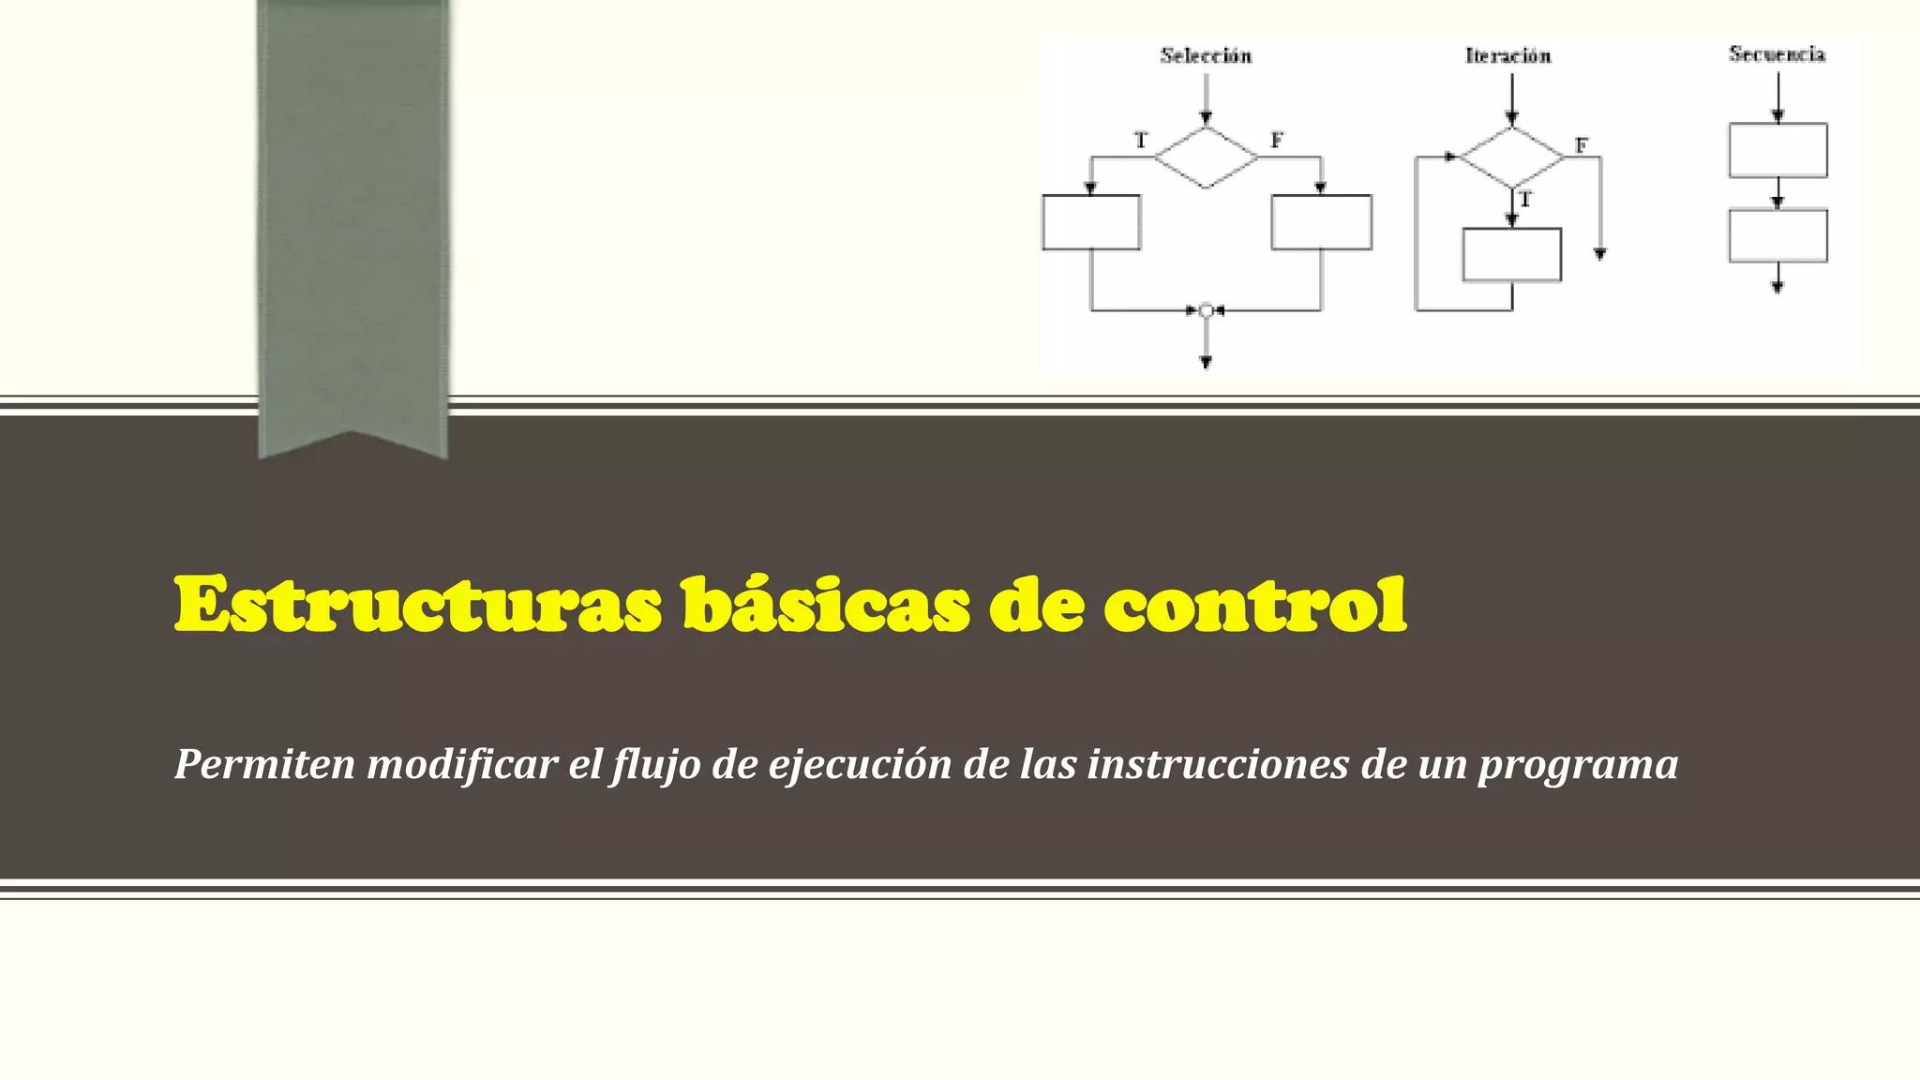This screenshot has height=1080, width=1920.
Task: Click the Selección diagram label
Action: click(1206, 56)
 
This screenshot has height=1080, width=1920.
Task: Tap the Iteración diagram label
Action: click(1507, 56)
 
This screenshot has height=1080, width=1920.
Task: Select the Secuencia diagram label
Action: click(1777, 54)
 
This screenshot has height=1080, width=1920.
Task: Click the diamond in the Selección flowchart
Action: click(1206, 157)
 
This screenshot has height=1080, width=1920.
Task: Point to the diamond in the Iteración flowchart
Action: click(1512, 157)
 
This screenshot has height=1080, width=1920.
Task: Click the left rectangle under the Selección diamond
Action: click(1091, 222)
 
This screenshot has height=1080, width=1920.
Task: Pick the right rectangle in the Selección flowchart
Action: click(1321, 222)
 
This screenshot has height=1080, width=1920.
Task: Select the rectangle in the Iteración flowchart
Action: click(1512, 254)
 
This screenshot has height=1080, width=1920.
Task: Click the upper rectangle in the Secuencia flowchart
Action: click(1777, 150)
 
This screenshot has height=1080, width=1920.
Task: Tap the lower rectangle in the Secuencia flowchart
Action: click(1777, 235)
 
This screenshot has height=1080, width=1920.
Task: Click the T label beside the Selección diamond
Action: click(1141, 141)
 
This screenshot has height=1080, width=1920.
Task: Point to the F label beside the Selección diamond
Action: click(1276, 141)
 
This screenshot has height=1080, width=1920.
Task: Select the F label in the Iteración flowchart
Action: click(1582, 146)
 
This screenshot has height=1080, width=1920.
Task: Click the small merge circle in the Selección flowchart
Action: click(1207, 310)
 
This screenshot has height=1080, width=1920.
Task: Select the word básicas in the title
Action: click(825, 605)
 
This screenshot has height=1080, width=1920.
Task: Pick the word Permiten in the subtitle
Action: click(265, 764)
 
